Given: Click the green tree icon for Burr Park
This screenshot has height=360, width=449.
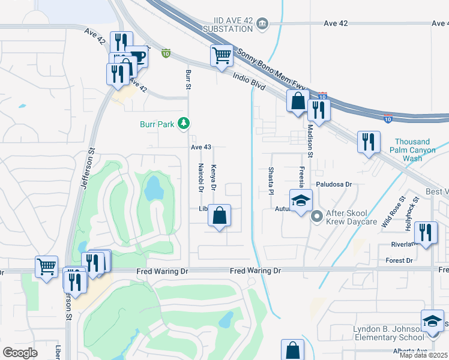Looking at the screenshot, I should click(x=183, y=124).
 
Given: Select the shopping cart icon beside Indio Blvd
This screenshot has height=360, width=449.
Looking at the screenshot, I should click(x=221, y=56).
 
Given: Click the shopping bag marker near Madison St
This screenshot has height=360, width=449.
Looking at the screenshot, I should click(x=297, y=101).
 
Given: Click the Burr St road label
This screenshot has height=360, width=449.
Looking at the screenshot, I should click(x=188, y=80).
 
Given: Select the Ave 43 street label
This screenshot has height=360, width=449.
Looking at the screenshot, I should click(x=201, y=147).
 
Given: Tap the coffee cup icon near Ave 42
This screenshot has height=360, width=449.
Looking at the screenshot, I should click(x=137, y=57).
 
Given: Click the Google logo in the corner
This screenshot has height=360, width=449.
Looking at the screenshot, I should click(x=20, y=352).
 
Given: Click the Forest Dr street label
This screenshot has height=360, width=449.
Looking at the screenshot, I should click(x=400, y=260).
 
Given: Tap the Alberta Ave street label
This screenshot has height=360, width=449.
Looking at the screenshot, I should click(x=411, y=350).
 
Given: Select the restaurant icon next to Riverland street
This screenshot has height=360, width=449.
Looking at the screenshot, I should click(x=426, y=232).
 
